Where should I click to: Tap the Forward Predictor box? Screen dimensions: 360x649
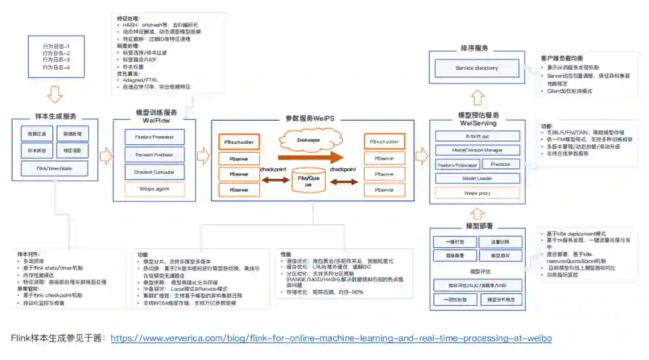[x=150, y=154]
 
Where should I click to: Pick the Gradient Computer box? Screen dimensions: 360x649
[x=150, y=172]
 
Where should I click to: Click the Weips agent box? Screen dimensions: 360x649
[x=150, y=189]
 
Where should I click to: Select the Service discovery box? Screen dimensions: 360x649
[x=477, y=68]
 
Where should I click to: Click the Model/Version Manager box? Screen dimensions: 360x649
[x=477, y=150]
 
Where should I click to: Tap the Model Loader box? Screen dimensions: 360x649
[x=477, y=178]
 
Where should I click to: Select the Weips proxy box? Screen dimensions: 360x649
[x=477, y=194]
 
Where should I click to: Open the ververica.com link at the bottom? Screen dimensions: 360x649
[x=331, y=338]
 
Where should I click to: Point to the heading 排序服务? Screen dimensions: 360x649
[x=477, y=48]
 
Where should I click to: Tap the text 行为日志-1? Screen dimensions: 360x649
[x=56, y=46]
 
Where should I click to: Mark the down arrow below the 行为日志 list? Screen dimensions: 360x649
[x=55, y=94]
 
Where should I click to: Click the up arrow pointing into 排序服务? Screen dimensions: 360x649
[x=477, y=97]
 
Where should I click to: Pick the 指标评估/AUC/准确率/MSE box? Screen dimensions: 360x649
[x=477, y=285]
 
